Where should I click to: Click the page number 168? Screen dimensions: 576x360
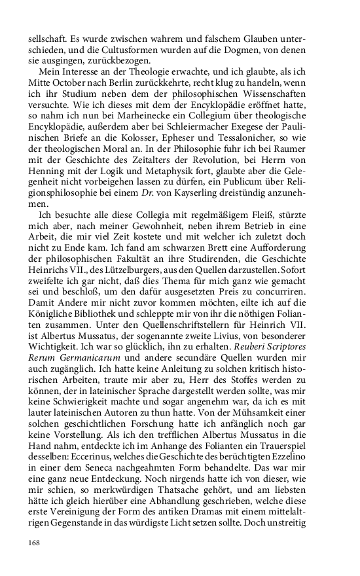click(35, 542)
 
